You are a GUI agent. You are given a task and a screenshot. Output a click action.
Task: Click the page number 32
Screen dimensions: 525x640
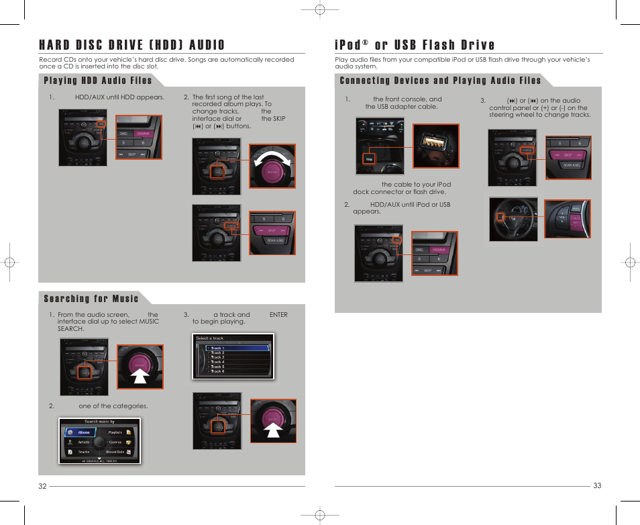(42, 486)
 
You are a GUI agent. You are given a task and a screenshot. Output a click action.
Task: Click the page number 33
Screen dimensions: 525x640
(597, 486)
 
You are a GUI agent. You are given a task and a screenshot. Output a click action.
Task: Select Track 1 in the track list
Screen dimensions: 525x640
(217, 348)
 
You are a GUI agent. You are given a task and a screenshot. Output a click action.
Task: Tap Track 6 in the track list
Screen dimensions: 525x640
(217, 371)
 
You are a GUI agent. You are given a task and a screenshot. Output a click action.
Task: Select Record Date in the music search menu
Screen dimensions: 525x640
(115, 452)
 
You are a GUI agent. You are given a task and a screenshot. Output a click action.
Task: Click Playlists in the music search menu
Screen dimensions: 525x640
(116, 432)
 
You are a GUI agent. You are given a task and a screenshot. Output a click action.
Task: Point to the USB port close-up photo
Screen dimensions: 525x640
(435, 146)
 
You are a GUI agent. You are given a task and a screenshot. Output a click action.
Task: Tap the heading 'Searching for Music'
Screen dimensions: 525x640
(91, 299)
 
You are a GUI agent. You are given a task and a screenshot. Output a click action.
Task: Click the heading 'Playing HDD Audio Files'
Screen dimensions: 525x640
(97, 81)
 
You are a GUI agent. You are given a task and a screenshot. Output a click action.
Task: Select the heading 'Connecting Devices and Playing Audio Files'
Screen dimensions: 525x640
(440, 81)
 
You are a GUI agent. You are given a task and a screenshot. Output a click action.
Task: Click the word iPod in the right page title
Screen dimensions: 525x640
(350, 45)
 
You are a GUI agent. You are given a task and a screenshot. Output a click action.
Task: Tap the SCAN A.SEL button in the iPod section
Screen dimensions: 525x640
(572, 165)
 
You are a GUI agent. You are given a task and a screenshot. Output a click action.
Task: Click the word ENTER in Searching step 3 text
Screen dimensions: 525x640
(278, 314)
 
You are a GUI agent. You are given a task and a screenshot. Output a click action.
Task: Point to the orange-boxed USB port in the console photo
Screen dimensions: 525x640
(368, 158)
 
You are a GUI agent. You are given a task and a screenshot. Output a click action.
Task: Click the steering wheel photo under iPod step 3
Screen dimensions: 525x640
(513, 219)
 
